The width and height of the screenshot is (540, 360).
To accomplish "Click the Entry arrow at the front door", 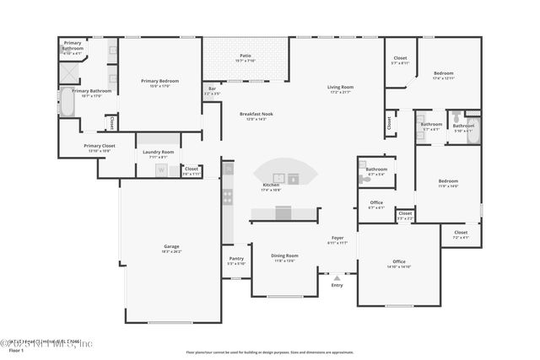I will tap(337, 277).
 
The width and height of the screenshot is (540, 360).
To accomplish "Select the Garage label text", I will tap(171, 249).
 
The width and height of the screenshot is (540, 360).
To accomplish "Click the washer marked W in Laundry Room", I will tap(160, 169).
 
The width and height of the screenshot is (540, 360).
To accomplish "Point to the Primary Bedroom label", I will tap(160, 83).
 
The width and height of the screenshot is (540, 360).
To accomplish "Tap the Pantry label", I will tap(236, 261).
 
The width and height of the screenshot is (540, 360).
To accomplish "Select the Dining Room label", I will tap(284, 258).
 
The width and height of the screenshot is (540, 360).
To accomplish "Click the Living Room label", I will tap(340, 89).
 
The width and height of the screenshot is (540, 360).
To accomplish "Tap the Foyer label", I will tap(337, 240).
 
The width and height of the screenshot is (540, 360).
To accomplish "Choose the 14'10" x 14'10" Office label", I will tap(399, 264).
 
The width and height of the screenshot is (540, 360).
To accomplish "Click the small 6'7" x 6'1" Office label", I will tap(376, 204).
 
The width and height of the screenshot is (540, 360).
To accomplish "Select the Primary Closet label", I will tap(100, 148).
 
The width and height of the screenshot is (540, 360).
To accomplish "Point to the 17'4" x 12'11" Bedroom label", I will tap(444, 75).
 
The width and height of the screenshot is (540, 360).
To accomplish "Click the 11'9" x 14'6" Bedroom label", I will tap(448, 183).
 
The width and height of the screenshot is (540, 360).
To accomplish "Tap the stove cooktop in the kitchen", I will tap(227, 197).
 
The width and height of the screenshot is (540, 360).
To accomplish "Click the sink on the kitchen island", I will tap(293, 178).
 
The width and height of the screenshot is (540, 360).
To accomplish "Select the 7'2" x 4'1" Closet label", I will tap(461, 234).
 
